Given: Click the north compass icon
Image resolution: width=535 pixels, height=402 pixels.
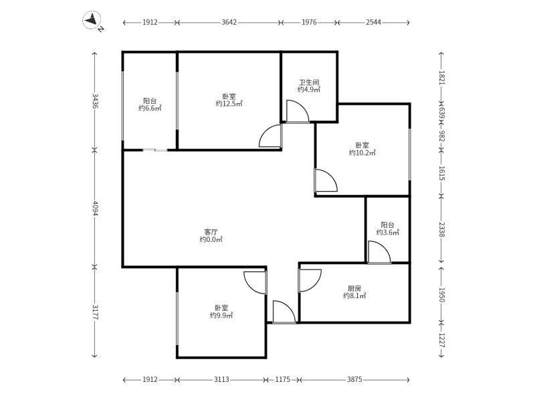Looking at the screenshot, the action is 92,20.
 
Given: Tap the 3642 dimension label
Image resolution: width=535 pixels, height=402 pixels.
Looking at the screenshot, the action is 229,22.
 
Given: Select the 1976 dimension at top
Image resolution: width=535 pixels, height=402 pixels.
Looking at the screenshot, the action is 309,22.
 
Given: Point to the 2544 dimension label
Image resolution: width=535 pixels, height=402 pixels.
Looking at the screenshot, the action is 373,22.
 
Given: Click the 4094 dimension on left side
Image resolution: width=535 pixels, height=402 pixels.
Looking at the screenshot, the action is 95,208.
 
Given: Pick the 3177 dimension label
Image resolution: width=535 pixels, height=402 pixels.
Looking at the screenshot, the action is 95,312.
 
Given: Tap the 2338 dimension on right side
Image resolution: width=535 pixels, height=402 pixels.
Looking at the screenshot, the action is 442,229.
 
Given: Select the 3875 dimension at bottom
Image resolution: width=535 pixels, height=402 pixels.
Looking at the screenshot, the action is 354,379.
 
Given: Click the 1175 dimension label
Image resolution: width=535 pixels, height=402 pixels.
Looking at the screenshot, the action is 283,379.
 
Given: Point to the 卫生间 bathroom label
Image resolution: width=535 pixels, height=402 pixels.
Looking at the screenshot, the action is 309,82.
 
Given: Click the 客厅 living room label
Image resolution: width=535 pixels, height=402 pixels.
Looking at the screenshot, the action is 211,232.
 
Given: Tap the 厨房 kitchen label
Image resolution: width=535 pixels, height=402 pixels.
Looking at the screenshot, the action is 354,289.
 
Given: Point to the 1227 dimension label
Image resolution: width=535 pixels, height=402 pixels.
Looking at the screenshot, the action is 442,340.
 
